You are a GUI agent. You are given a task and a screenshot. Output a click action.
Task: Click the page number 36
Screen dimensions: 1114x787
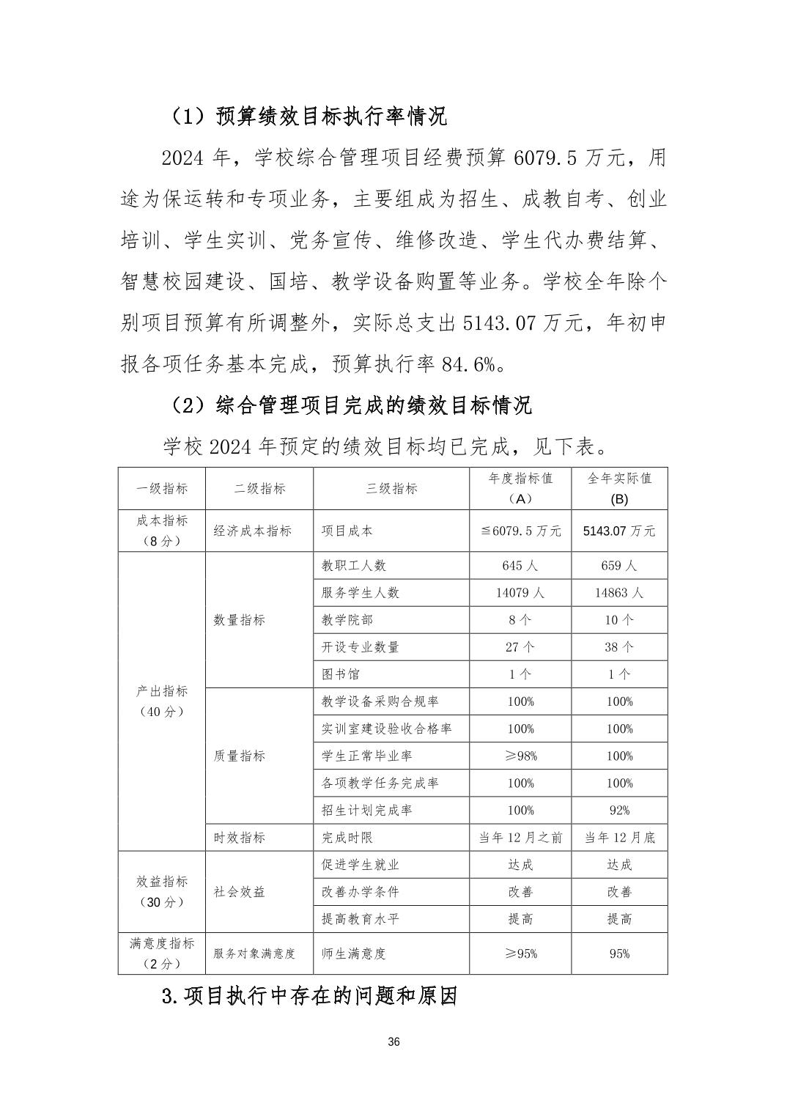coord(393,1042)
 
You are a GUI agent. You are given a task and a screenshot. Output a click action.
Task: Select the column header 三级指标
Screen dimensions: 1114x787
coord(391,489)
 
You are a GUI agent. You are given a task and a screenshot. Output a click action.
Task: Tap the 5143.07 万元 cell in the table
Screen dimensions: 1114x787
coord(619,531)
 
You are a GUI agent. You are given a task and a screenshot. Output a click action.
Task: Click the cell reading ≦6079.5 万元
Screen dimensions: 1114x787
coord(520,531)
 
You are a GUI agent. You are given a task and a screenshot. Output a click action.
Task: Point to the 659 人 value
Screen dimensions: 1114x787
coord(619,566)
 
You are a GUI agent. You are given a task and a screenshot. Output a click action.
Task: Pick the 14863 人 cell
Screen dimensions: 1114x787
coord(619,593)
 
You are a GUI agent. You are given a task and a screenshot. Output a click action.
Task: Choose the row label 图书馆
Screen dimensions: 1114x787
coord(341,674)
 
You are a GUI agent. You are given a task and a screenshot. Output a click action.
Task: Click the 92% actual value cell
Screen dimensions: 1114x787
coord(619,811)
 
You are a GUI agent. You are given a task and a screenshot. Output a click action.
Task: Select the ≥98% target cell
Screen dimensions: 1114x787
coord(520,756)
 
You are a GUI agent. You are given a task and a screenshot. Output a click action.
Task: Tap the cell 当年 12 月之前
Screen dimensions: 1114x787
coord(520,838)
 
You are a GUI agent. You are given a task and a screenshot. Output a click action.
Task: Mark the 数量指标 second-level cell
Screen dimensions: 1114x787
coord(239,620)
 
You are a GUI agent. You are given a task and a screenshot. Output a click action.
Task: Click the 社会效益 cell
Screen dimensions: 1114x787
coord(239,892)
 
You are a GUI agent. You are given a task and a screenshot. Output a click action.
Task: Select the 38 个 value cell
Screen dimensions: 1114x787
coord(619,647)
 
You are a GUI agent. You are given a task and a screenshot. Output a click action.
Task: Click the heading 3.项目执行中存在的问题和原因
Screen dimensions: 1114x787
coord(309,997)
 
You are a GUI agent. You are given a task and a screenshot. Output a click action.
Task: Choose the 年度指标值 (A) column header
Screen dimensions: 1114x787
coord(520,488)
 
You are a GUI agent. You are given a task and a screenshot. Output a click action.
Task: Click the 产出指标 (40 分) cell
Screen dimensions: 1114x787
coord(162,701)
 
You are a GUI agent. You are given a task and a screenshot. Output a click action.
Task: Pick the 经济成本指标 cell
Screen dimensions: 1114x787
coord(253,531)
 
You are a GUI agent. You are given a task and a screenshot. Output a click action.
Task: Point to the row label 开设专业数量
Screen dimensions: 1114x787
coord(361,647)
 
